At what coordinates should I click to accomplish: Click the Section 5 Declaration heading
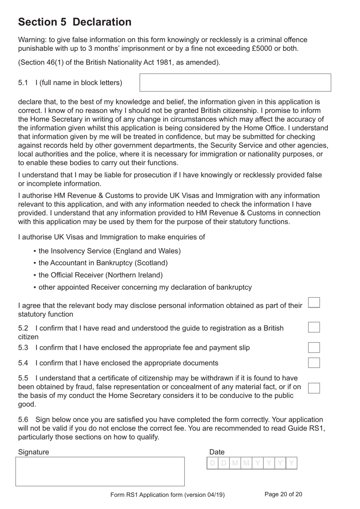pyautogui.click(x=75, y=22)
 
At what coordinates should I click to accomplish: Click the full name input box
pyautogui.click(x=235, y=83)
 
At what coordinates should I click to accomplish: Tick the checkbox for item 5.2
pyautogui.click(x=314, y=327)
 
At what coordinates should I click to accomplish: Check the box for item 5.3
pyautogui.click(x=314, y=347)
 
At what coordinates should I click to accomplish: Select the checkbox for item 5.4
pyautogui.click(x=314, y=363)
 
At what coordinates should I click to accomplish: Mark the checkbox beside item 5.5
pyautogui.click(x=314, y=388)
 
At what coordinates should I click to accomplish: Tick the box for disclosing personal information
pyautogui.click(x=314, y=303)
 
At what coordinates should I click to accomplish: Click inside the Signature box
pyautogui.click(x=100, y=471)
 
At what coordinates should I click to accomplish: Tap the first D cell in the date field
pyautogui.click(x=212, y=463)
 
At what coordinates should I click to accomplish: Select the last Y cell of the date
pyautogui.click(x=291, y=463)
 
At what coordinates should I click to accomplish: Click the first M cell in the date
pyautogui.click(x=235, y=463)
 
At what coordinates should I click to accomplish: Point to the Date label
pyautogui.click(x=217, y=452)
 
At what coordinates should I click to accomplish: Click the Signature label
pyautogui.click(x=33, y=452)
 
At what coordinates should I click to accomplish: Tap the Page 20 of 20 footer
pyautogui.click(x=283, y=494)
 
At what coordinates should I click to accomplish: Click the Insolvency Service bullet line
pyautogui.click(x=110, y=251)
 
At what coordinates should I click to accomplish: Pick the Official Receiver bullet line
pyautogui.click(x=100, y=275)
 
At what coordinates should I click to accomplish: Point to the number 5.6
pyautogui.click(x=23, y=419)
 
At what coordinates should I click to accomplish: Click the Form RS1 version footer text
pyautogui.click(x=167, y=495)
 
